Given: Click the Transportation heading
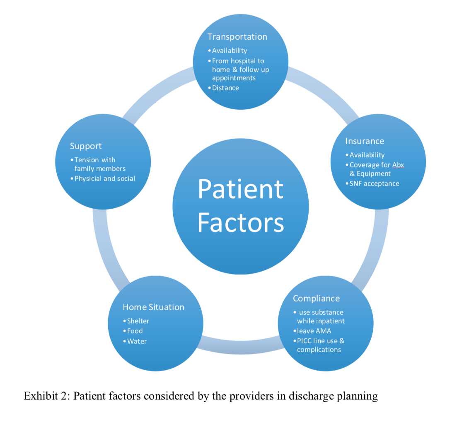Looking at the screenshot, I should (237, 37).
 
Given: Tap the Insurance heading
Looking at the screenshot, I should (364, 141).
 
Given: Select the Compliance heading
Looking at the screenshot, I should (316, 299).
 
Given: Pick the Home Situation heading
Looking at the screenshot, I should (153, 307).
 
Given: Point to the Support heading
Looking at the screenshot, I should (86, 146).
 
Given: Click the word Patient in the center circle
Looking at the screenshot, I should (240, 189).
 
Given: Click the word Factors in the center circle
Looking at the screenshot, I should (240, 222).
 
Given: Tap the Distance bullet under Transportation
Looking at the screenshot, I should (225, 88).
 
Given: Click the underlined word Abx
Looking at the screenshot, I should (398, 165).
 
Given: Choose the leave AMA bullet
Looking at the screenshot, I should (314, 331).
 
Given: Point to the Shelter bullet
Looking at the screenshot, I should (138, 321).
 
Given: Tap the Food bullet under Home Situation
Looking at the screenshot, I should (135, 331).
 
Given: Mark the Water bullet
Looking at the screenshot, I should (137, 341).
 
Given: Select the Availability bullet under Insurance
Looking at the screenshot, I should (367, 155).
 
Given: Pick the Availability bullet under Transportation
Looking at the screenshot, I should (229, 51).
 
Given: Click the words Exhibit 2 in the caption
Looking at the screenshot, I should (46, 396).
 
